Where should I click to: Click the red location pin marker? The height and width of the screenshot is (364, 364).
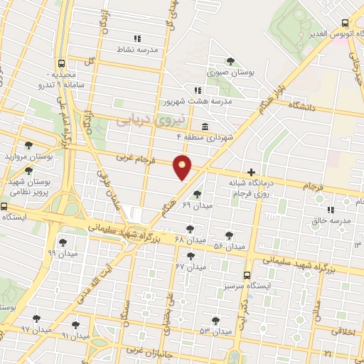click(x=183, y=166)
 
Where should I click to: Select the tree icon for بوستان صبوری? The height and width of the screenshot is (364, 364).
click(x=230, y=61)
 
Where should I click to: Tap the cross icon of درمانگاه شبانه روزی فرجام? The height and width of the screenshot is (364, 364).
click(x=251, y=172)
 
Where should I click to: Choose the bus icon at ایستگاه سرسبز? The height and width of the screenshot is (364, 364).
click(x=247, y=275)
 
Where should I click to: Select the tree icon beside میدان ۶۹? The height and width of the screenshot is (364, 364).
click(x=197, y=193)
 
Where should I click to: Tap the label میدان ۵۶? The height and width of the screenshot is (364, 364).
click(x=229, y=246)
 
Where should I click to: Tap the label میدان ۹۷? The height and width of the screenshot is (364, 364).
click(x=36, y=330)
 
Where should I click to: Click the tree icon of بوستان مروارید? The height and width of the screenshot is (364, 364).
click(x=28, y=145)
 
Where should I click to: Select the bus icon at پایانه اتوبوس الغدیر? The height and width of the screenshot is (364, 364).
click(x=345, y=22)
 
